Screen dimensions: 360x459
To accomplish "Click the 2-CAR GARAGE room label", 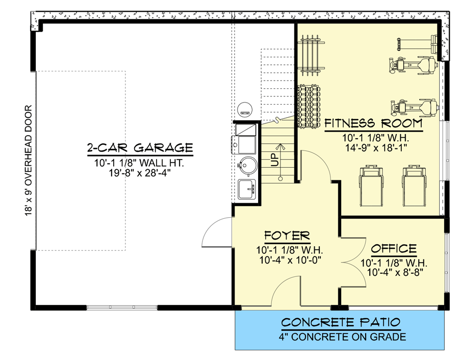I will point(139,148).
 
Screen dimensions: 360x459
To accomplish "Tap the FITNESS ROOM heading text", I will point(373,123).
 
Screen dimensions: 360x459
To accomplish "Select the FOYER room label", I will point(287,236).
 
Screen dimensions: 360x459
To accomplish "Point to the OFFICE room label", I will point(393,249).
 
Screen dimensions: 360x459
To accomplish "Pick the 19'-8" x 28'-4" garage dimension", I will point(139,173).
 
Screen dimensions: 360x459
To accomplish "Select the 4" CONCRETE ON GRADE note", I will point(341,337).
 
